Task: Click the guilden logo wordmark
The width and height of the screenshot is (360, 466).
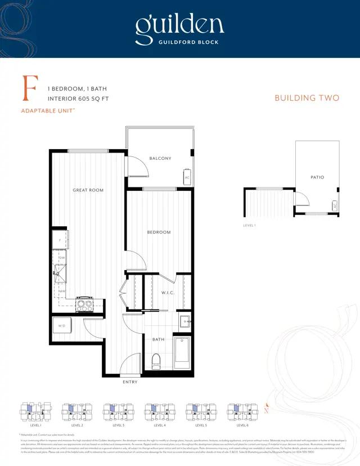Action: point(179,25)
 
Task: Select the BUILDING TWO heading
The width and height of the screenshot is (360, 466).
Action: point(307,98)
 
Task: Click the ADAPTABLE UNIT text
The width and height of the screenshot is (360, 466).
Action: point(48,111)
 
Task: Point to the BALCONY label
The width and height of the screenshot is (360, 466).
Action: point(160,158)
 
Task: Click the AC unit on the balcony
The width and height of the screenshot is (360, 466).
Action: point(187,177)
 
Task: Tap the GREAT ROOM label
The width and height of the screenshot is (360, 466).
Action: point(88,190)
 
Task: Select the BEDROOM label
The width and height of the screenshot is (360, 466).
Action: point(159,232)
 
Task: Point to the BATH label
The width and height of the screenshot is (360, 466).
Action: point(158,339)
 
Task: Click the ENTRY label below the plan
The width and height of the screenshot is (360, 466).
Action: point(130,382)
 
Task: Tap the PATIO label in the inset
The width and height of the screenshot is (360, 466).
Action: point(317,177)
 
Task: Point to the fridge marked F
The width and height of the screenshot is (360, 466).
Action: point(60,239)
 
